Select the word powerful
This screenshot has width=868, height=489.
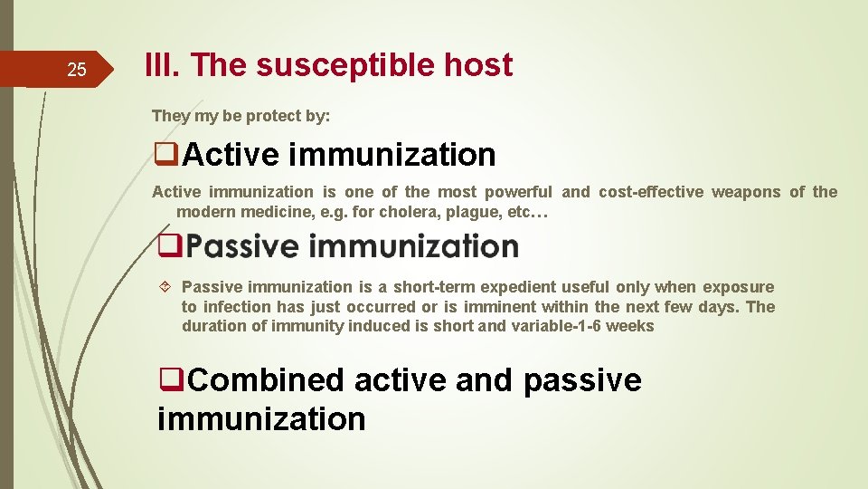coord(518,192)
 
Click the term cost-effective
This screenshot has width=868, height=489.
coord(649,192)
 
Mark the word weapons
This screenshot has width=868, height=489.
coord(747,192)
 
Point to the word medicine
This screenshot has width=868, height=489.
coord(267,212)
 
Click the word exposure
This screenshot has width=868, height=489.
coord(739,287)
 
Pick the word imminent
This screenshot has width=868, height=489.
coord(499,307)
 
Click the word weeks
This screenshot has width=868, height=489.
coord(629,326)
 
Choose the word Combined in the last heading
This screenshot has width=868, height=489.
coord(267,380)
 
